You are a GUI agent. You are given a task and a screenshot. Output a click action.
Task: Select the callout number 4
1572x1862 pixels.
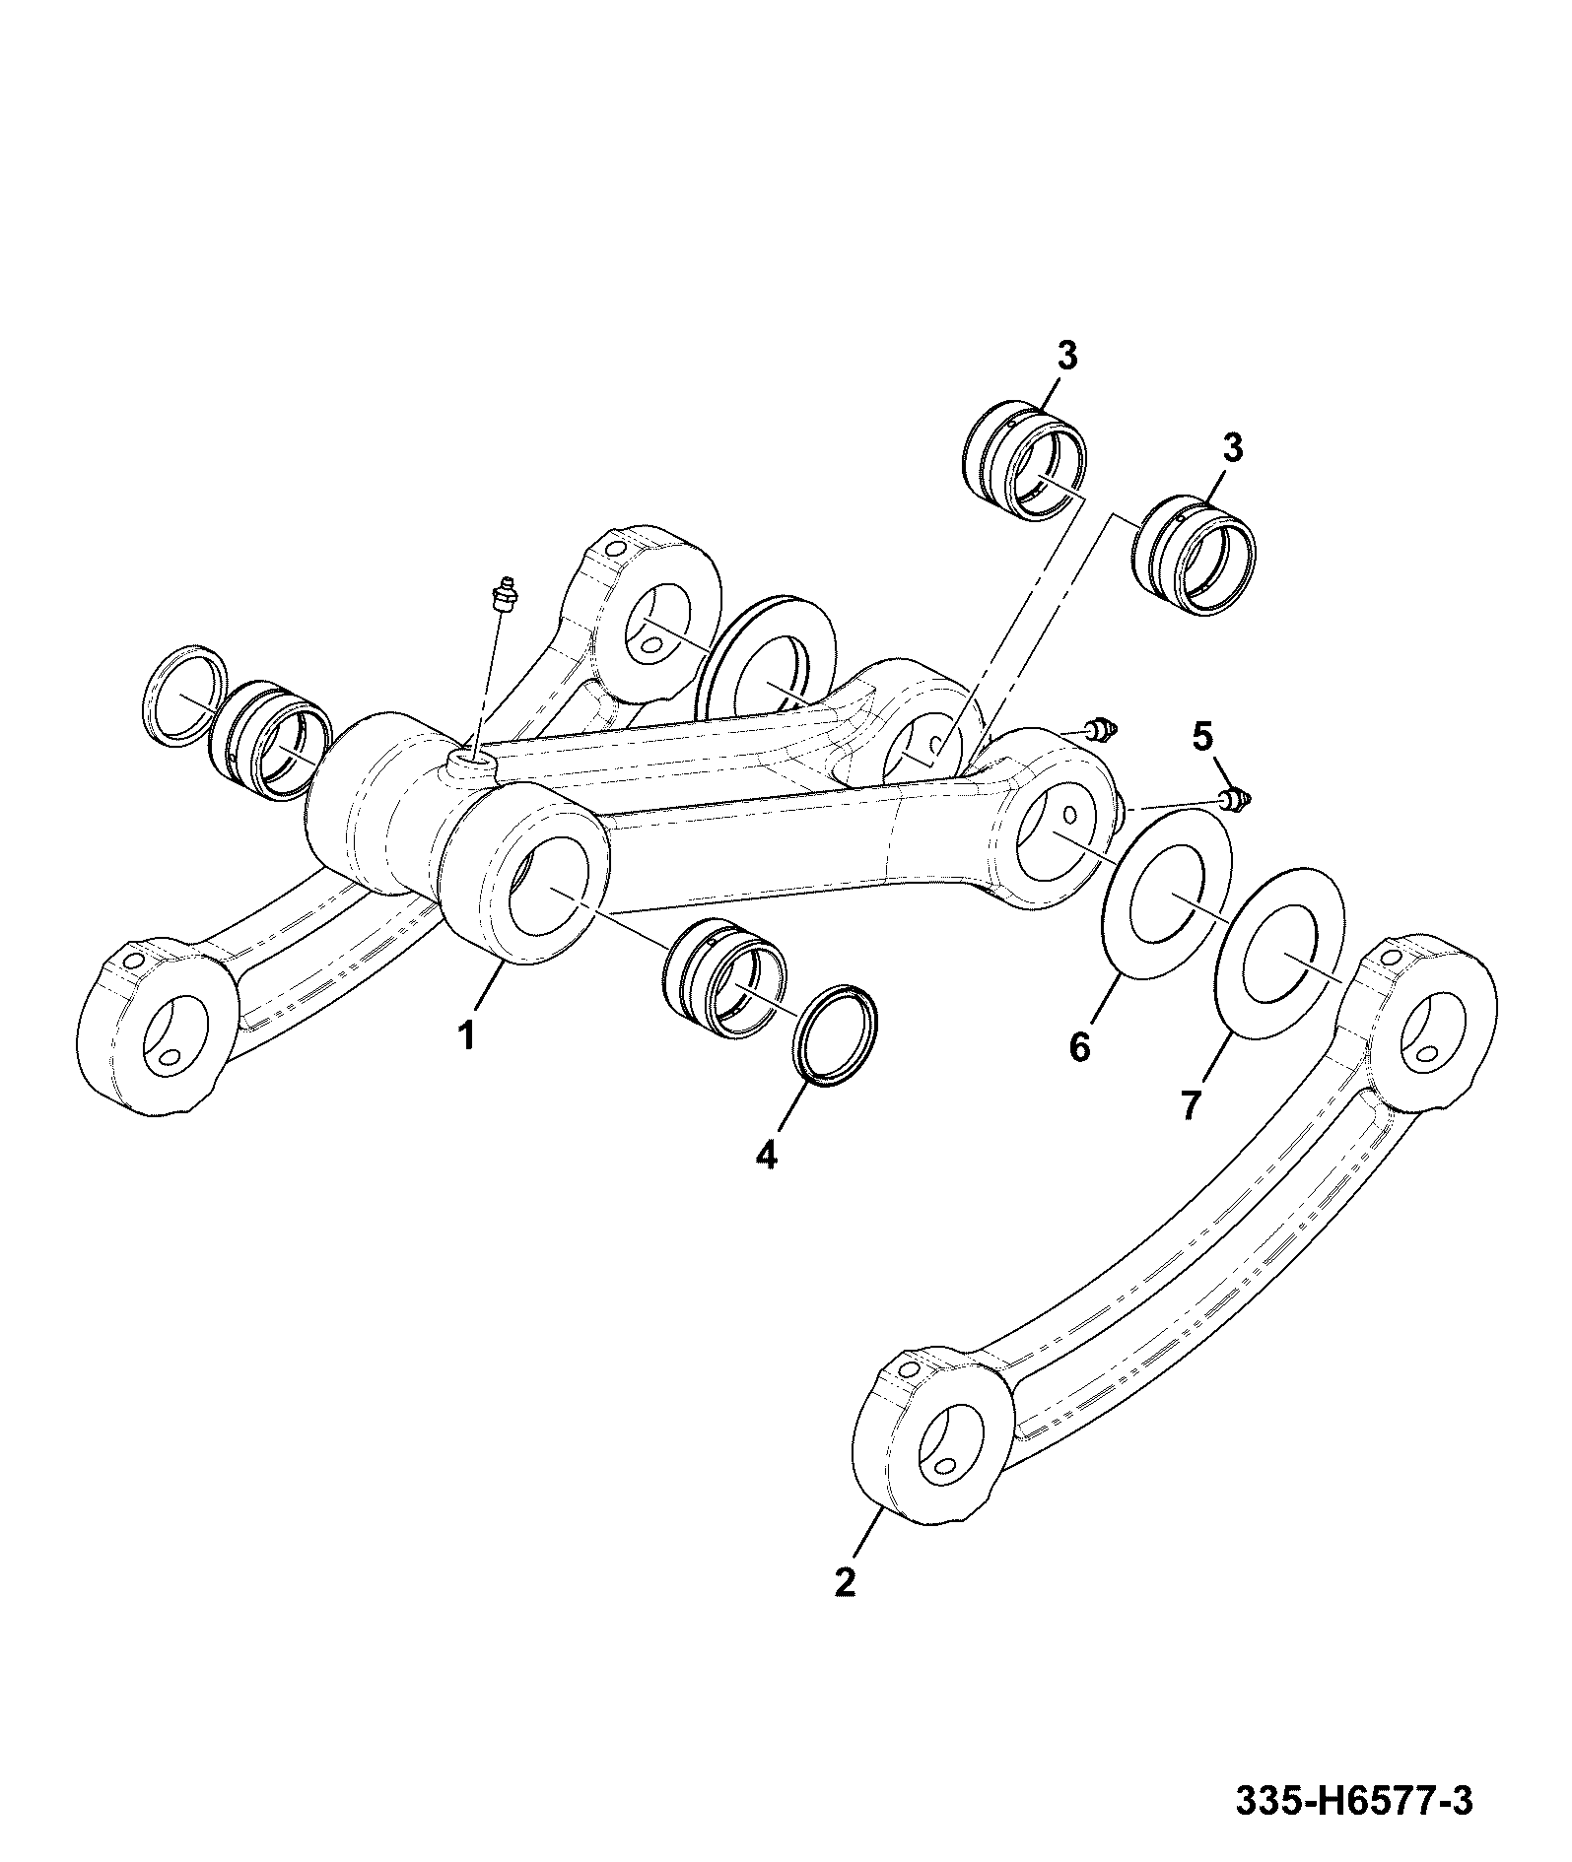tap(766, 1154)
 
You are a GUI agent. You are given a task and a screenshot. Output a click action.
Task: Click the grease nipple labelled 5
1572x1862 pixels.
tap(1236, 799)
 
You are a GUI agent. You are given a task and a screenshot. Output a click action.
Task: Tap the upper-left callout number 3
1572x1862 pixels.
tap(1067, 355)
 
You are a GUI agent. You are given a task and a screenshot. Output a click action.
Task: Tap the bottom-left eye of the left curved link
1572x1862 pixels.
tap(158, 1028)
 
